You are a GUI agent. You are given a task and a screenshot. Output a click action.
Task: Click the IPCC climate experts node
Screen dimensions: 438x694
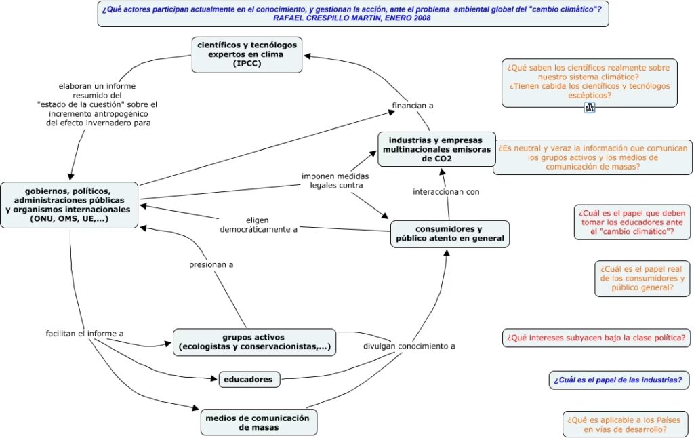[x=247, y=54]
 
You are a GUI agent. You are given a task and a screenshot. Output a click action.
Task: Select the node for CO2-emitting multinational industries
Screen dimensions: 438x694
[x=436, y=149]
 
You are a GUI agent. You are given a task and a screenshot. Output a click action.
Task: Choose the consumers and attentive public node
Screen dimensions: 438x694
[x=449, y=234]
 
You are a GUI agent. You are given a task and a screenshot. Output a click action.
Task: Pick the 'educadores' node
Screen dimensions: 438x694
[x=249, y=380]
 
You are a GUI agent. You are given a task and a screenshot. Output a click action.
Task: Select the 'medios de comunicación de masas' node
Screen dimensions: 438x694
[x=258, y=422]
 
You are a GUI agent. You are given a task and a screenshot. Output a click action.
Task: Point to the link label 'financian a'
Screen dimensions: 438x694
[x=413, y=105]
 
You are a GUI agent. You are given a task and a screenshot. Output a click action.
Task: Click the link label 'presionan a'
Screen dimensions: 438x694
[x=211, y=264]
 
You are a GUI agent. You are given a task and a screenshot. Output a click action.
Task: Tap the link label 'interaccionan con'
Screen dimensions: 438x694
[x=446, y=192]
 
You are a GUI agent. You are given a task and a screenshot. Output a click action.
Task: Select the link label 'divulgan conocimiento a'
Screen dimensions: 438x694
[x=409, y=346]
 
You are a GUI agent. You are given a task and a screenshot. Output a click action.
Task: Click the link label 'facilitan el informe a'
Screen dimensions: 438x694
[x=85, y=334]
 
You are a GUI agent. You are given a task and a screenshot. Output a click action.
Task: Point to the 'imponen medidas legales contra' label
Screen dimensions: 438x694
[x=335, y=180]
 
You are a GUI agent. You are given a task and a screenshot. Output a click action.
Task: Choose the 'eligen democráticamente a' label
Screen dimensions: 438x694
[x=259, y=224]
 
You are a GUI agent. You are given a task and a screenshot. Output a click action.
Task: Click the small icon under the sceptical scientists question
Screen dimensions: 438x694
[x=589, y=107]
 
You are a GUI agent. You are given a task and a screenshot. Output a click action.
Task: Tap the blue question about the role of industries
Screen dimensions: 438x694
[x=617, y=380]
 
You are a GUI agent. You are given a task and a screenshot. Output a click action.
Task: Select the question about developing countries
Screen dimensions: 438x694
[x=625, y=424]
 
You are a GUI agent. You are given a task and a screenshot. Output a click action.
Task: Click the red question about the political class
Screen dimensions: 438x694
[x=596, y=337]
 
